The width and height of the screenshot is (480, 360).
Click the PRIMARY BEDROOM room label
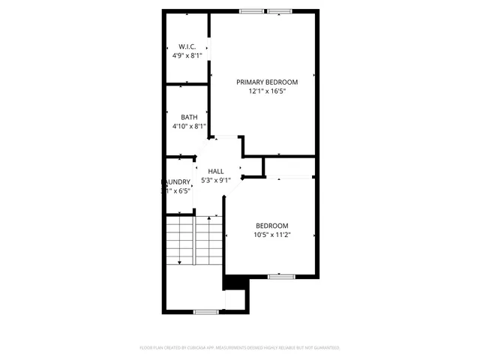(267, 82)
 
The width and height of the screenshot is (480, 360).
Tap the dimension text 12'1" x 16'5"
(267, 91)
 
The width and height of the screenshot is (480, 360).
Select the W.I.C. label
(187, 46)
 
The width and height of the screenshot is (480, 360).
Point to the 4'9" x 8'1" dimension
(187, 55)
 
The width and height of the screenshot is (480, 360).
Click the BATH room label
(189, 117)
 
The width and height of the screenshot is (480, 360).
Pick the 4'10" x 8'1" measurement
(189, 127)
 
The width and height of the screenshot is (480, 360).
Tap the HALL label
(216, 171)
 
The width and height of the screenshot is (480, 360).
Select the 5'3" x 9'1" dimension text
(216, 180)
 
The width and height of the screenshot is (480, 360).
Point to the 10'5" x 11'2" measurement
(271, 235)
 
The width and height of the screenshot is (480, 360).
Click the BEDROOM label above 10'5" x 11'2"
(271, 226)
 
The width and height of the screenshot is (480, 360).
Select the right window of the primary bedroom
(279, 11)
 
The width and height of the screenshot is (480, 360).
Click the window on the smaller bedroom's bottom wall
(280, 277)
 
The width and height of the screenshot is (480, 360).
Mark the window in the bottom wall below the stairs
(205, 311)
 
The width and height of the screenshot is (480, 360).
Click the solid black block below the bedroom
(234, 283)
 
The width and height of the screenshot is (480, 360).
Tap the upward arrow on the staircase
(208, 218)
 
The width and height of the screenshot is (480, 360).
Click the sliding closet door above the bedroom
(289, 178)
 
